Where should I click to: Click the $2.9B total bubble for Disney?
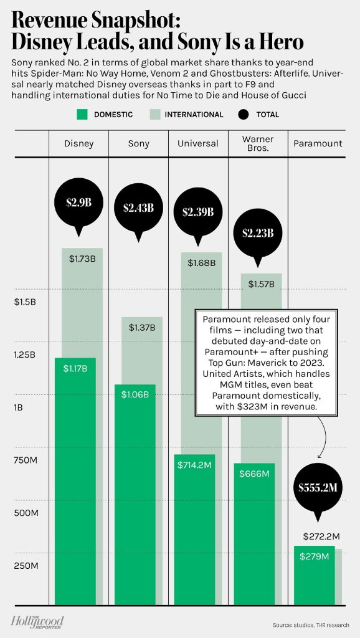pyautogui.click(x=78, y=202)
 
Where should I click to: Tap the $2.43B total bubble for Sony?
pyautogui.click(x=138, y=207)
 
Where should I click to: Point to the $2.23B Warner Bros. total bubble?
pyautogui.click(x=257, y=233)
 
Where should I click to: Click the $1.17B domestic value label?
pyautogui.click(x=75, y=369)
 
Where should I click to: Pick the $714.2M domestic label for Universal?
pyautogui.click(x=196, y=465)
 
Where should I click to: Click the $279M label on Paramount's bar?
pyautogui.click(x=314, y=556)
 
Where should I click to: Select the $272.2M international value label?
pyautogui.click(x=321, y=536)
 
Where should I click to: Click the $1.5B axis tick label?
pyautogui.click(x=26, y=302)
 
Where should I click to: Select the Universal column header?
pyautogui.click(x=197, y=144)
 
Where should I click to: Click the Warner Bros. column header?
pyautogui.click(x=257, y=144)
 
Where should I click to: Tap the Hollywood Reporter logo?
pyautogui.click(x=37, y=621)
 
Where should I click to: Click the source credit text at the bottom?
pyautogui.click(x=311, y=625)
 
